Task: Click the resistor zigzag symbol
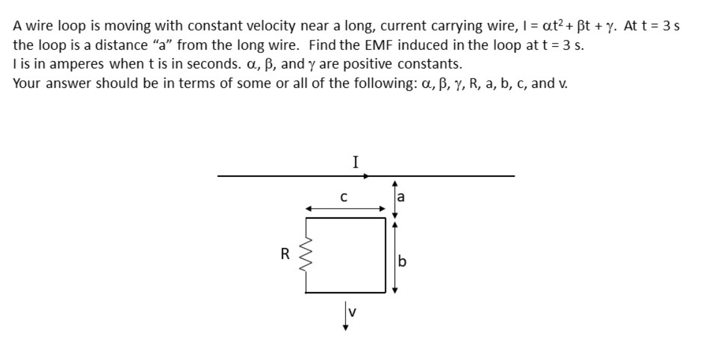(305, 255)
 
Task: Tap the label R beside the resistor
(285, 254)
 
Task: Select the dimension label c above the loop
(344, 198)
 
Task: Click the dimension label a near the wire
(401, 198)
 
